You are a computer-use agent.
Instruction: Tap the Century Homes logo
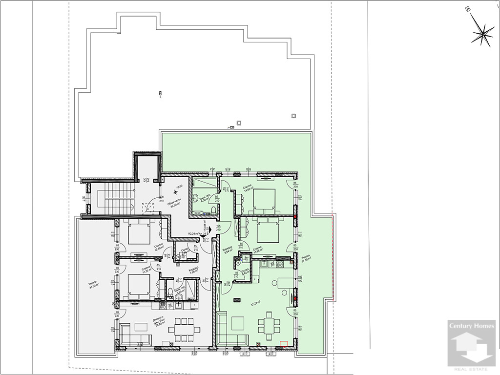(x=472, y=345)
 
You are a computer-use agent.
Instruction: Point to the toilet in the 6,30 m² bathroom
(x=213, y=209)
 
